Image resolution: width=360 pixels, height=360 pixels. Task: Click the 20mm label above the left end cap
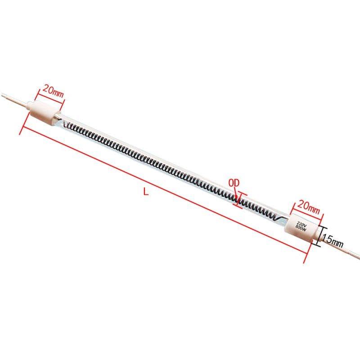[53, 92]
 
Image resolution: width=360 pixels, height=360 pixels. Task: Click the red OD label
[234, 183]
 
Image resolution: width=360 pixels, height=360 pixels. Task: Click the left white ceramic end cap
[45, 110]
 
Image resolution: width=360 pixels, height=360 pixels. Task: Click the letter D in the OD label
[237, 183]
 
